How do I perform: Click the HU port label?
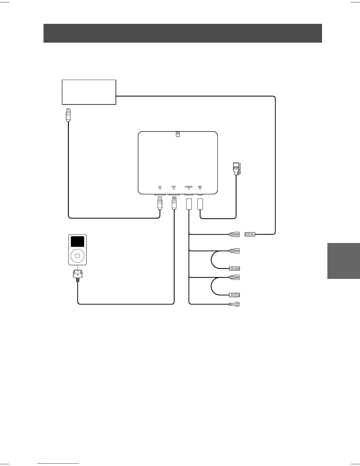160,187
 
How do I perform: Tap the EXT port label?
174,187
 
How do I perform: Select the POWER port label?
189,187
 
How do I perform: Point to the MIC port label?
200,187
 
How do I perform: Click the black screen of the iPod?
77,242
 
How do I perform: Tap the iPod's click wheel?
77,255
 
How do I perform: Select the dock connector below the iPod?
77,275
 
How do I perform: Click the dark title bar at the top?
183,33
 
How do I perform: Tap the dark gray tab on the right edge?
344,261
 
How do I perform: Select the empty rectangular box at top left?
89,92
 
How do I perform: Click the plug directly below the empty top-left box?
68,115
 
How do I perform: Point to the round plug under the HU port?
160,203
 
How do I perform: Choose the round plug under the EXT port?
174,203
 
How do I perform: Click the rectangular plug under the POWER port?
189,204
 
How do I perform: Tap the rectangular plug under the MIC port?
200,204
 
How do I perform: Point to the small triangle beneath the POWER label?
189,189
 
